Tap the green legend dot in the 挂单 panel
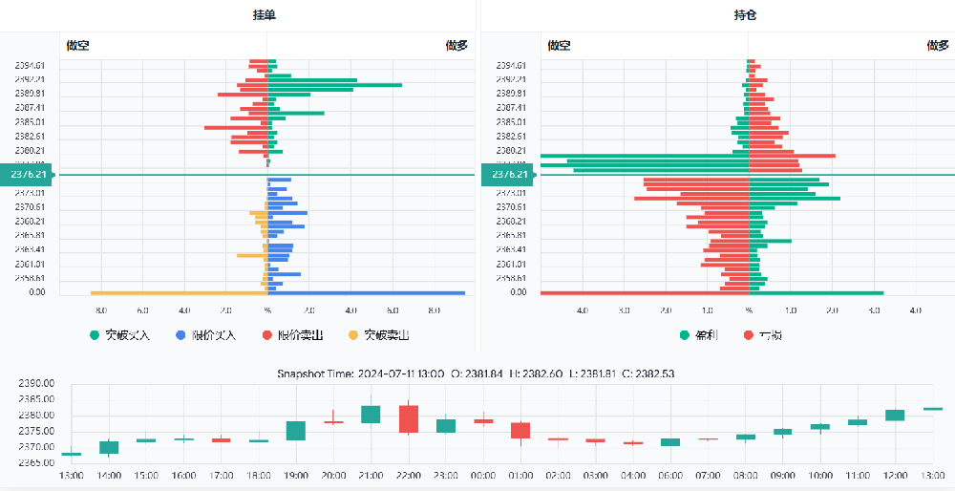tap(95, 335)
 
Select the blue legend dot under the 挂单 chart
tap(181, 335)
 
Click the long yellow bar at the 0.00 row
tap(178, 293)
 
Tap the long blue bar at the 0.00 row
tap(367, 293)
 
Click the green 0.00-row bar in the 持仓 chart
tap(817, 293)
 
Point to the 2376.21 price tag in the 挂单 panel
tap(29, 175)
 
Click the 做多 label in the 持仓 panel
tap(937, 45)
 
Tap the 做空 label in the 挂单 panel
tap(78, 45)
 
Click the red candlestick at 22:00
tap(409, 418)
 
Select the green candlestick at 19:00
tap(296, 431)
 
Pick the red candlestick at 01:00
tap(520, 430)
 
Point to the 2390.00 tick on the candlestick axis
tap(35, 383)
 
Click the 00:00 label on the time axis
tap(483, 475)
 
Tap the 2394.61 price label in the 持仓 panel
tap(510, 64)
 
